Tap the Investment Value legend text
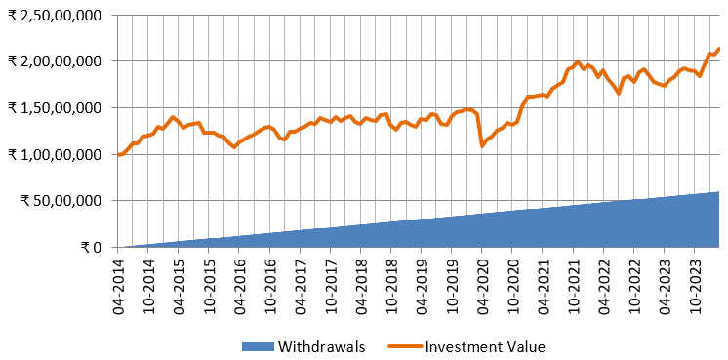[x=485, y=346]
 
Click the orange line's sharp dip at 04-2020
[x=482, y=146]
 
